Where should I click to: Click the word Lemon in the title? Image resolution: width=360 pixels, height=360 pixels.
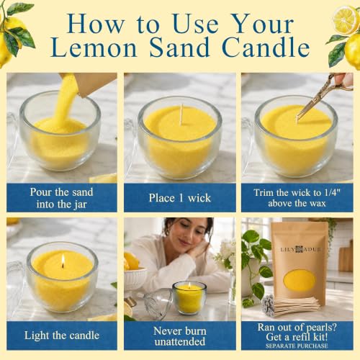94,48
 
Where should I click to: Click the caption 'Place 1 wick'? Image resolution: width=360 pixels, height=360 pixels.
180,198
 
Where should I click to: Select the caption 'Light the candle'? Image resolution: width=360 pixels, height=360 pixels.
62,336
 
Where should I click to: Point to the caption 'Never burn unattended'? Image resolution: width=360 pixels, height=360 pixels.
180,336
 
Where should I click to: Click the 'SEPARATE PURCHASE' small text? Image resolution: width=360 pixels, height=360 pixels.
297,346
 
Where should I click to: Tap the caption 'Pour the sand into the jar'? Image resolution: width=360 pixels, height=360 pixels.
61,198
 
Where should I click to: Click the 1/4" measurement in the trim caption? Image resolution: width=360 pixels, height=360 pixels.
332,192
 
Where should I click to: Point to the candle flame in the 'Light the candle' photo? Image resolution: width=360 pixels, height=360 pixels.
63,260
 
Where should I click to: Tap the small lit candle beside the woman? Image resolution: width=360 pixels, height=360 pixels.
189,298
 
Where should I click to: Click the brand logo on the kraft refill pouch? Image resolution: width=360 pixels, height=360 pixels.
300,250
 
